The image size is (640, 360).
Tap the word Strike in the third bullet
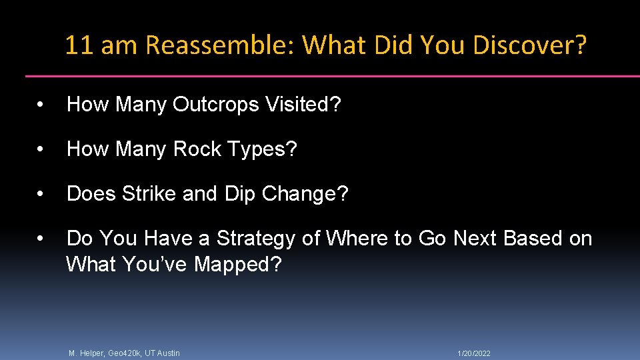coord(150,194)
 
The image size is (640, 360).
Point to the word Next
coord(477,239)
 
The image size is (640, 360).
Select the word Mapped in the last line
coord(237,265)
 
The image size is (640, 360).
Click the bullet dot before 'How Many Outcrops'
coord(41,105)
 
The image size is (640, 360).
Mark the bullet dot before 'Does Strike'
coord(41,195)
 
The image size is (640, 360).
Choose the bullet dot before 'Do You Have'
coord(41,239)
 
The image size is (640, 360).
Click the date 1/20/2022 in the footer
coord(473,353)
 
